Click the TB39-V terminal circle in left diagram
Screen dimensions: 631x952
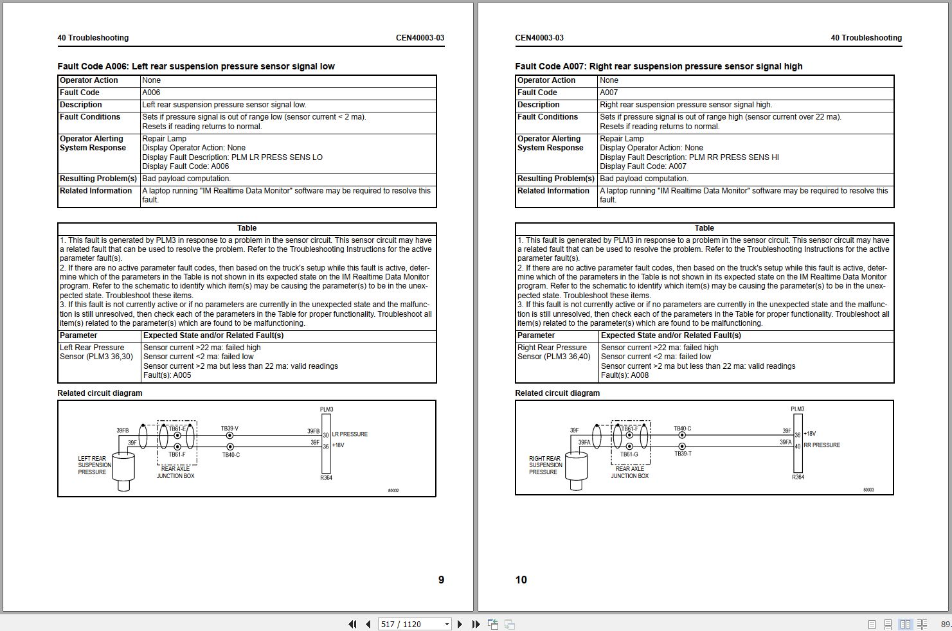[230, 436]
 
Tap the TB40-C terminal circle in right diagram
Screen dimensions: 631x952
[682, 436]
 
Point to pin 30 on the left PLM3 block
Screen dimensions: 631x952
[326, 436]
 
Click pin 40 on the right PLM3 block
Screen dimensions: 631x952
[798, 446]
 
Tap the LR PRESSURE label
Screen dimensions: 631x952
[350, 434]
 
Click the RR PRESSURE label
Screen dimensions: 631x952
[822, 445]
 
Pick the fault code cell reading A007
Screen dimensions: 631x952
[609, 93]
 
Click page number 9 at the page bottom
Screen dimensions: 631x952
[441, 580]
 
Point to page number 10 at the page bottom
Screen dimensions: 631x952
[521, 580]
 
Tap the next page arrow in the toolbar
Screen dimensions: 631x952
[460, 624]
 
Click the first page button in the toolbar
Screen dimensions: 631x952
[352, 624]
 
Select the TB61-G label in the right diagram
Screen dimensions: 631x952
[629, 454]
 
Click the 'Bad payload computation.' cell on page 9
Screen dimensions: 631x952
[186, 179]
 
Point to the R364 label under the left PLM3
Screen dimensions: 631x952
[326, 478]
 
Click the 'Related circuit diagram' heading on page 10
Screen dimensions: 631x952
[557, 393]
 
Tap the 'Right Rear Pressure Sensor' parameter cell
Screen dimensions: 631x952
[553, 352]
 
